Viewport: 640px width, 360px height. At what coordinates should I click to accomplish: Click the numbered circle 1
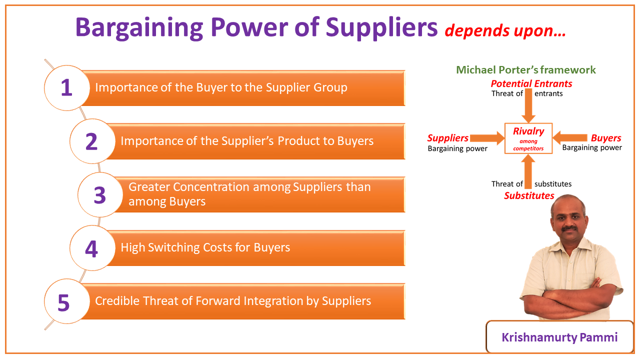[66, 87]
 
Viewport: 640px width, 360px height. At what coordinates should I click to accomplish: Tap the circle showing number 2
[91, 141]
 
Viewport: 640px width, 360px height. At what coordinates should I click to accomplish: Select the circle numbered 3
[99, 195]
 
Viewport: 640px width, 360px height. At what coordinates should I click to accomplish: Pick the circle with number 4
[91, 248]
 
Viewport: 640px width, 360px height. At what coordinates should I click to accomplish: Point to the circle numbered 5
[63, 302]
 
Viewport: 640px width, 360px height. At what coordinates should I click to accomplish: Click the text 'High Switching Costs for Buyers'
[205, 247]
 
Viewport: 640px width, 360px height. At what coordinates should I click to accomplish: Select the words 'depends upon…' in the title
[505, 31]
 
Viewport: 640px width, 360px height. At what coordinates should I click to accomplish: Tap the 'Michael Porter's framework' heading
[525, 70]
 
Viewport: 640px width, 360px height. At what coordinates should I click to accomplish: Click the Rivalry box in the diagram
[528, 138]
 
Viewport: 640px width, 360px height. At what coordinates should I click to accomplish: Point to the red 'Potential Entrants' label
[531, 83]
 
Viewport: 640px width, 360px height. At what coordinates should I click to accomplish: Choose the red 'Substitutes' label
[528, 195]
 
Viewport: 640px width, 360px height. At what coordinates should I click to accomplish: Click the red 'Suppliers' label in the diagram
[447, 138]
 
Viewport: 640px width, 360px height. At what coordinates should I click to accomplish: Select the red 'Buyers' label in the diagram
[605, 138]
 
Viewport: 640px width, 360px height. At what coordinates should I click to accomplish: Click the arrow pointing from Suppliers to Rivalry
[487, 138]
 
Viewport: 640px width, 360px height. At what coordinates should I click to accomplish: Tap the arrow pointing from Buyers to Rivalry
[570, 138]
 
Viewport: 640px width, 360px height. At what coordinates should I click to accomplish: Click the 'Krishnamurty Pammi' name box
[559, 337]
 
